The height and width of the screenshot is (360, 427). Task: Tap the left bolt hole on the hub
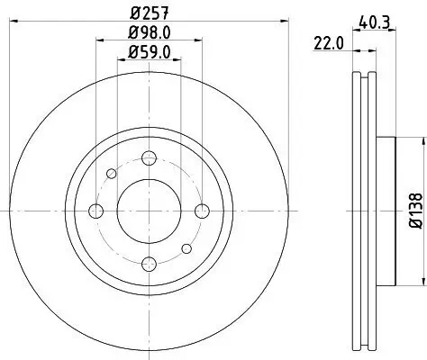click(96, 211)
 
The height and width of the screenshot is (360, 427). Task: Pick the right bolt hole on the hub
click(201, 211)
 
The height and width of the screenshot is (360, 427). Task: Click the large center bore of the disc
click(149, 211)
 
